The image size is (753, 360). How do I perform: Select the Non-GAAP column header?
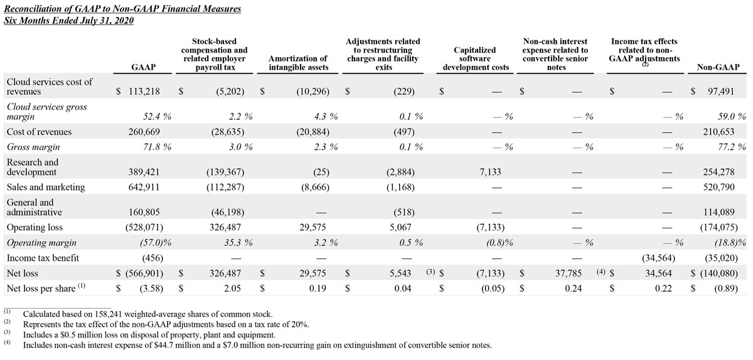(718, 67)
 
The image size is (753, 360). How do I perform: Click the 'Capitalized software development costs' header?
(474, 58)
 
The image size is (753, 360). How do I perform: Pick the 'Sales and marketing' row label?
(45, 187)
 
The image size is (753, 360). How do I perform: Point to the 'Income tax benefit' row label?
(43, 258)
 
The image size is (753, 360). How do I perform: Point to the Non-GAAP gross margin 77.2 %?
(727, 147)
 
